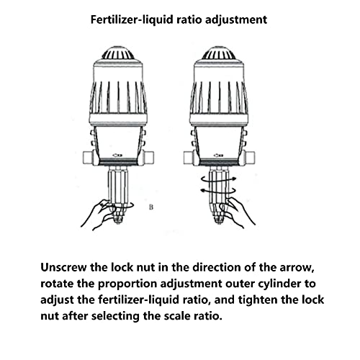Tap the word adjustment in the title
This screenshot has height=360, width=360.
coord(236,20)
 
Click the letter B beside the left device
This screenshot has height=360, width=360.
coord(151,207)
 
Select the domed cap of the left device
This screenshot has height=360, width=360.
coord(118,53)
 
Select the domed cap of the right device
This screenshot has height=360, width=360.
coord(219,53)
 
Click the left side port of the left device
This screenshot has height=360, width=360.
coord(88,158)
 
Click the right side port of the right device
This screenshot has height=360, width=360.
coord(250,158)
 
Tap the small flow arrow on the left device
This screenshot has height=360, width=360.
coord(117,156)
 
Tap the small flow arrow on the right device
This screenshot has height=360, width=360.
coord(218,156)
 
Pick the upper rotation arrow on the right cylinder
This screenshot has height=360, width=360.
coord(219,179)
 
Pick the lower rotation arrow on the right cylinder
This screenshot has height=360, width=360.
coord(218,191)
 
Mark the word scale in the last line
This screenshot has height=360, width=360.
coord(177,316)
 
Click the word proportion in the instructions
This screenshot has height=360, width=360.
coord(127,284)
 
